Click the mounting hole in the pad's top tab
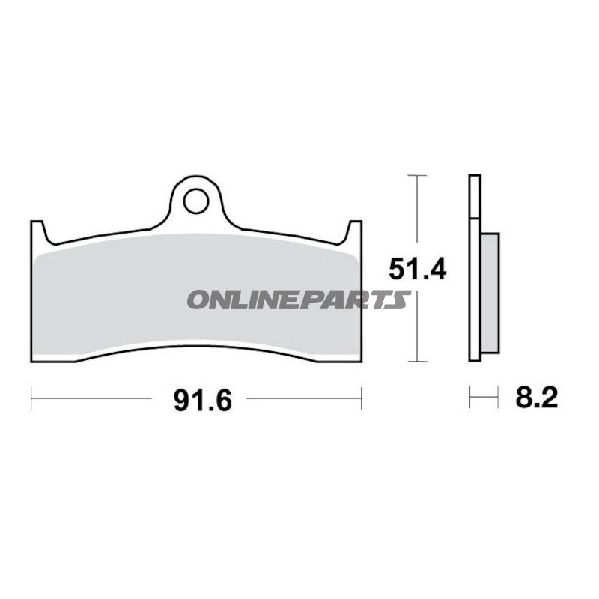[x=196, y=201]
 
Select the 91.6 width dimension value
[x=203, y=401]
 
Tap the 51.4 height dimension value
[x=417, y=269]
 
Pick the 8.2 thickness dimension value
[x=536, y=397]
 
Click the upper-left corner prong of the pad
[x=37, y=228]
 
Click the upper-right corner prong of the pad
[x=354, y=228]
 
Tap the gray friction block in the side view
[x=490, y=293]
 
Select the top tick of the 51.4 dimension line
[x=417, y=175]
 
